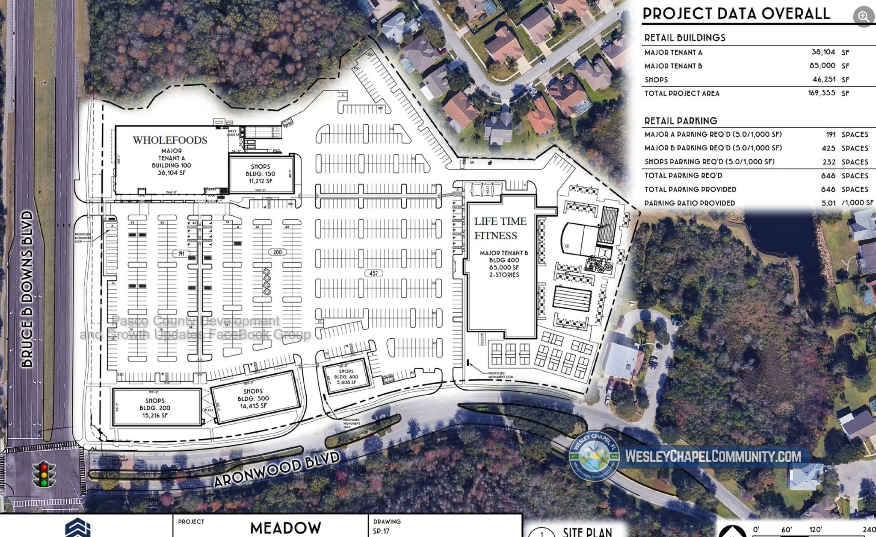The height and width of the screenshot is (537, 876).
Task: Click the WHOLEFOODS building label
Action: pos(170,140)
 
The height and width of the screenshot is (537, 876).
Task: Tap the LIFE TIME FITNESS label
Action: pos(500,229)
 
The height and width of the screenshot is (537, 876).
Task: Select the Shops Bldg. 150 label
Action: pos(260,173)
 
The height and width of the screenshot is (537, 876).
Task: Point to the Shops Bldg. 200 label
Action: pos(155,408)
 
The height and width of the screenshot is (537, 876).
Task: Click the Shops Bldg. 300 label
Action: pos(253,398)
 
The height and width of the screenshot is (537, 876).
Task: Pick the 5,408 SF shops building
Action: pos(346,377)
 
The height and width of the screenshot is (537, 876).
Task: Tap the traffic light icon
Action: pos(44,474)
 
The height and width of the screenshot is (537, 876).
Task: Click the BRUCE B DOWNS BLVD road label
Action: pos(27,289)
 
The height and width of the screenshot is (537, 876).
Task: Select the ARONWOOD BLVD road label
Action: pos(277,469)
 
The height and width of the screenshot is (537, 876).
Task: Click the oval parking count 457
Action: pos(373,273)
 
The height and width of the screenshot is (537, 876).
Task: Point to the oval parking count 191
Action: pos(181,254)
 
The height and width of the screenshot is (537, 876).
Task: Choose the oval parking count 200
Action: pos(277,252)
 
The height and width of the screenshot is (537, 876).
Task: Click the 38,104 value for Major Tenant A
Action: pos(823,52)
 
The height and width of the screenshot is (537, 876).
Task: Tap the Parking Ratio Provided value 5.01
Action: pos(828,203)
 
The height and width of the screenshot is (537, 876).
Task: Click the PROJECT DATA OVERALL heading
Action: pos(736,14)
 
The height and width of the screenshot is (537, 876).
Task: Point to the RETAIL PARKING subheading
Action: pos(681,121)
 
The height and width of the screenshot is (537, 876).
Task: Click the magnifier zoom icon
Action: pos(864,17)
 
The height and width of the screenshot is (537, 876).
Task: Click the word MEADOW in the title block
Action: pos(285,528)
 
